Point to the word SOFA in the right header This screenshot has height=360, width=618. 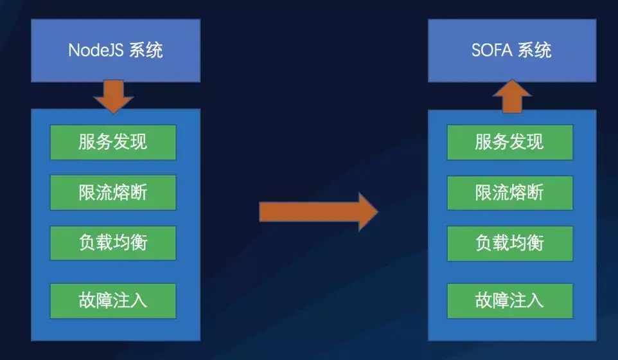(493, 51)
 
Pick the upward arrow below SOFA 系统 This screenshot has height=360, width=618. (511, 96)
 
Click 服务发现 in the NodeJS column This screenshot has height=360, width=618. (113, 142)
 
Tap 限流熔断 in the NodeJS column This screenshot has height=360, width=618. (113, 192)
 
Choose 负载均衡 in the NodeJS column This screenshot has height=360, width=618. (113, 242)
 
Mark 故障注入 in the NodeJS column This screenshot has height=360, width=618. (113, 300)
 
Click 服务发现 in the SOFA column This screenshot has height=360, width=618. (509, 142)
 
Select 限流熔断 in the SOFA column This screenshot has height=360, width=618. (509, 192)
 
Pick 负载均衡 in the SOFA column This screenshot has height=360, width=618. (509, 242)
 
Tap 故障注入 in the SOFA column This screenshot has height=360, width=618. (509, 300)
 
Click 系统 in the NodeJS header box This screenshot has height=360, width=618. (146, 51)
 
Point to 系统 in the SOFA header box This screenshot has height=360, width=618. (534, 51)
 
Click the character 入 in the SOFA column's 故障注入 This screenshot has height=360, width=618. (535, 300)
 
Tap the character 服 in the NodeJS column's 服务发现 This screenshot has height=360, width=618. (87, 142)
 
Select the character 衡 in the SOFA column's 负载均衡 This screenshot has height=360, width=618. (535, 242)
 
